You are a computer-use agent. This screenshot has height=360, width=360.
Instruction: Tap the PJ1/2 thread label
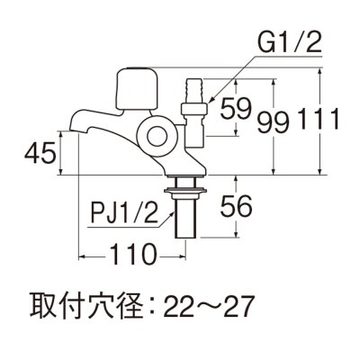[x=126, y=216]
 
